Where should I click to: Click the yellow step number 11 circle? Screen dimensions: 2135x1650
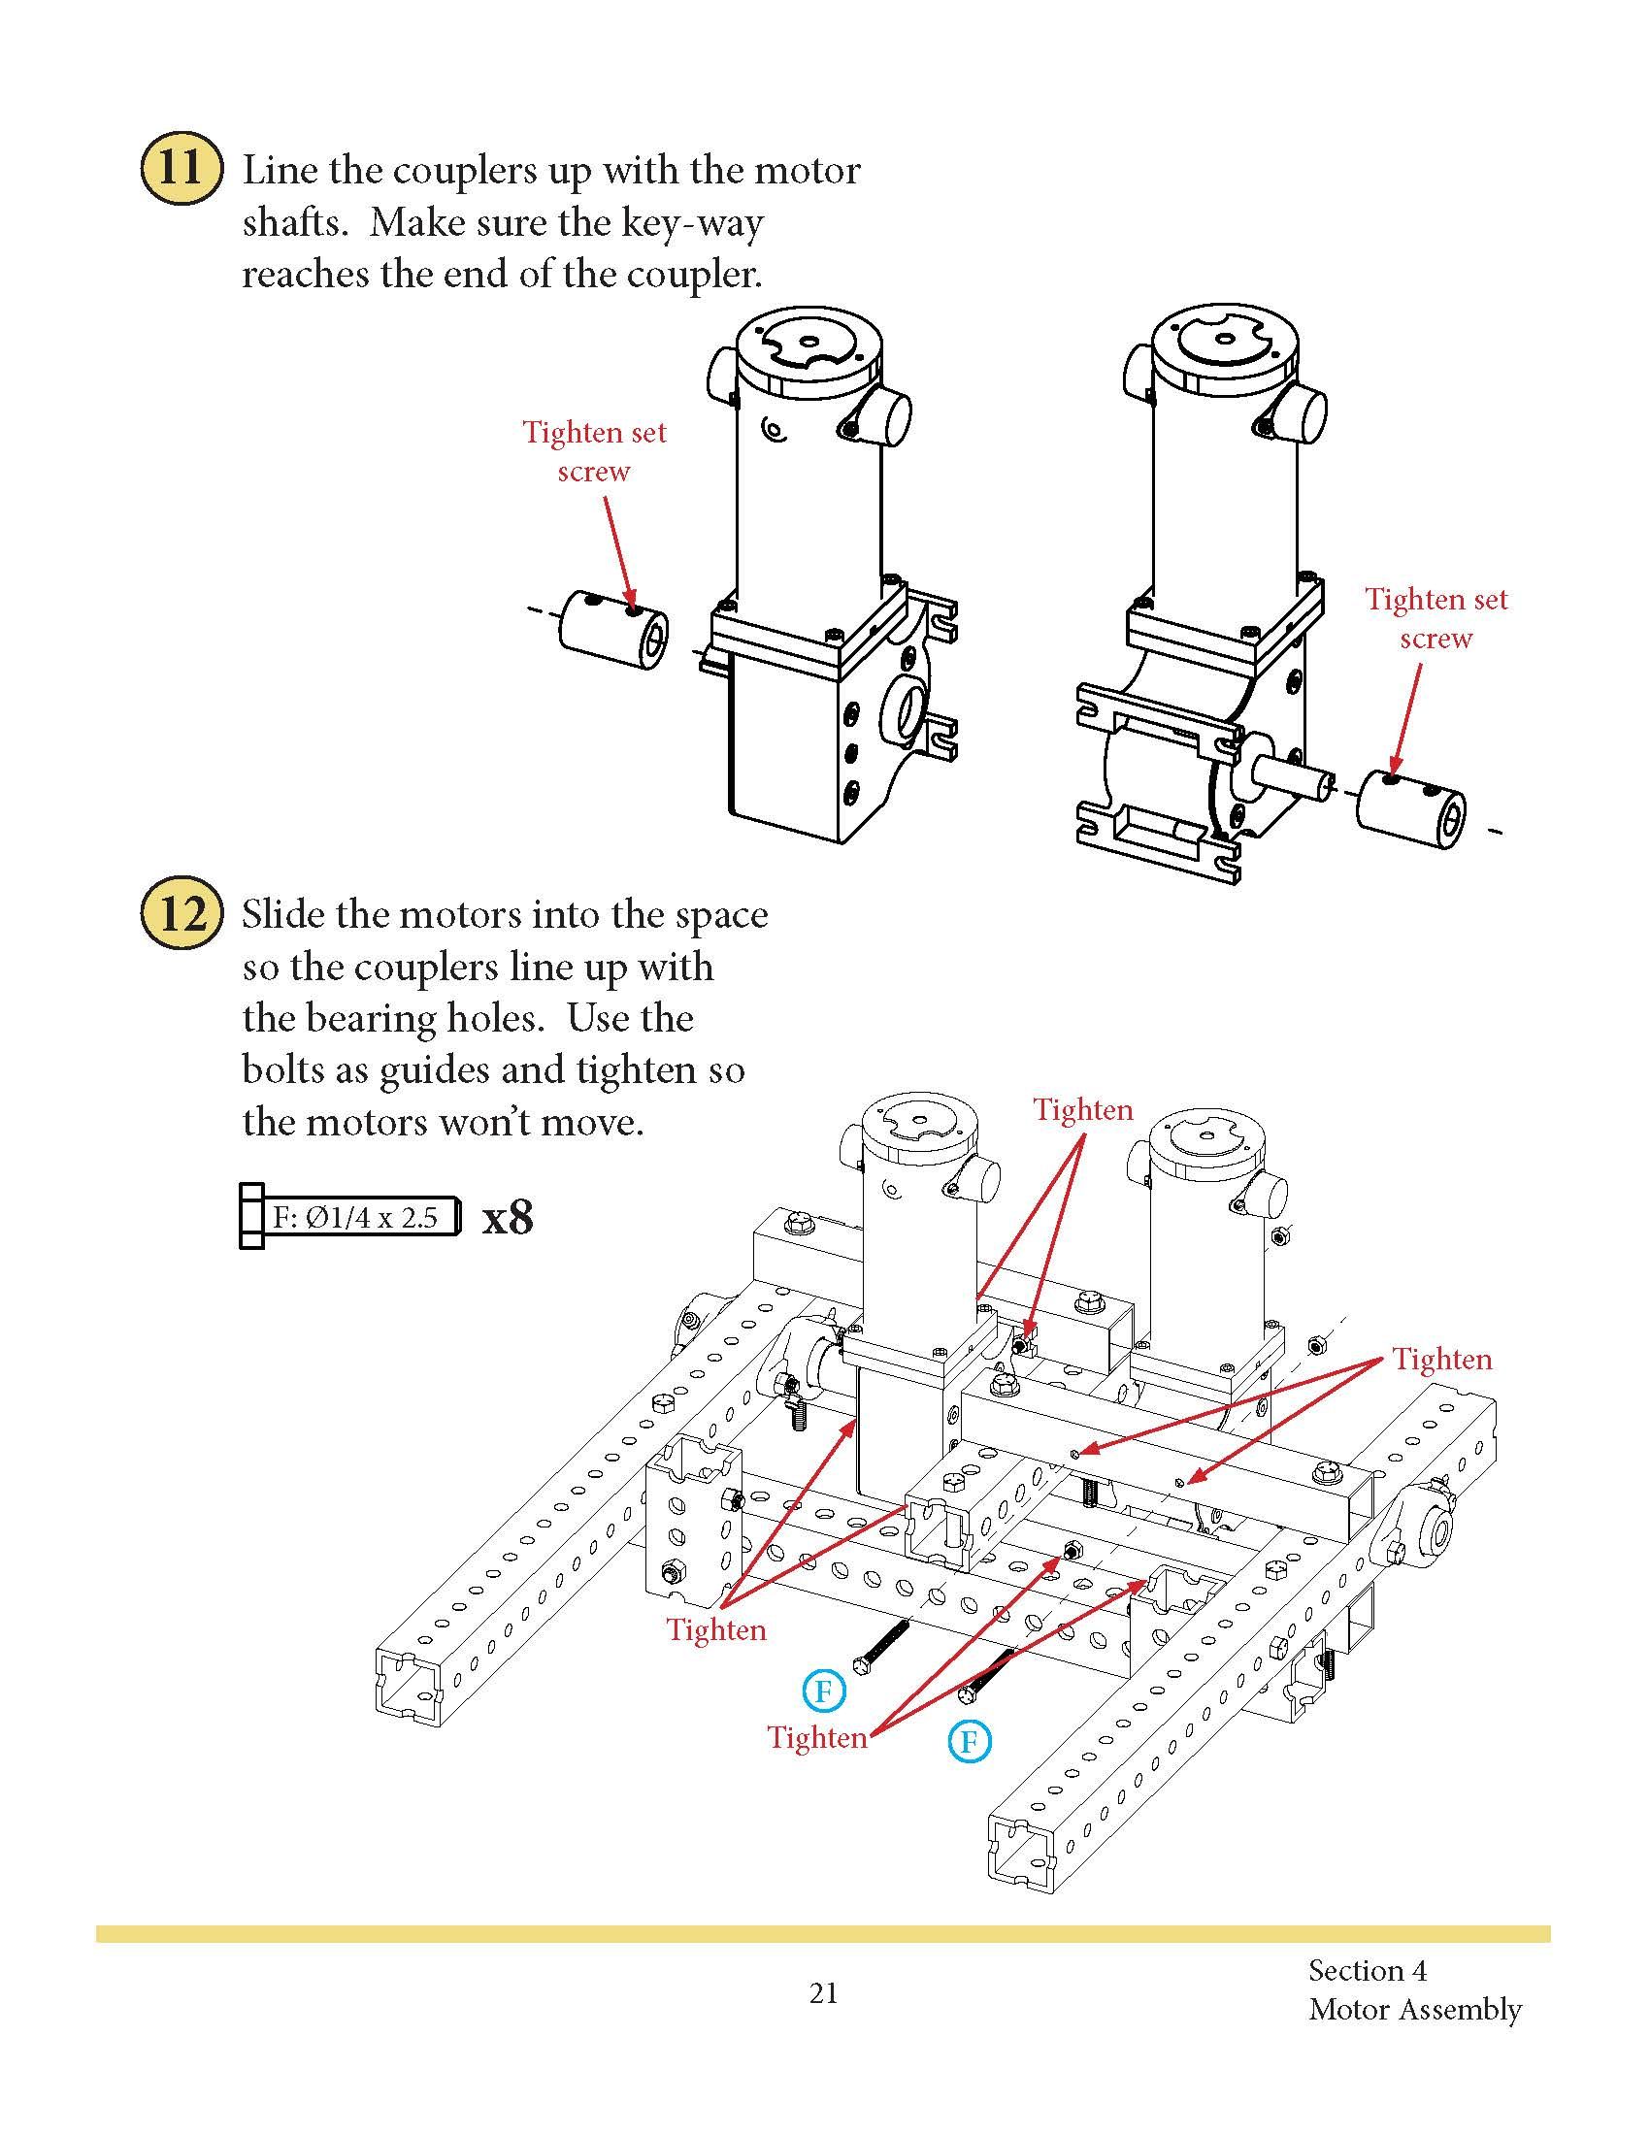[x=181, y=170]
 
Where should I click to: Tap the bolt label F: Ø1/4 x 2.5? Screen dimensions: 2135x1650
[x=355, y=1217]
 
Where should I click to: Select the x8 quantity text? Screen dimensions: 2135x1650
[x=508, y=1218]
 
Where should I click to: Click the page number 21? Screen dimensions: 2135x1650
[x=823, y=1992]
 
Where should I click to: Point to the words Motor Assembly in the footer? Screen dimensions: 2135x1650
[x=1414, y=2010]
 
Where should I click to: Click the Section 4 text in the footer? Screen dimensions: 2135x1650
[x=1368, y=1970]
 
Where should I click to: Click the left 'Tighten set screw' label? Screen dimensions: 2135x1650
[x=593, y=450]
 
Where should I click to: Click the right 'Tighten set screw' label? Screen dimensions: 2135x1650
[x=1435, y=618]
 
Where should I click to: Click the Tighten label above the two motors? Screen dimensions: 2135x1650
[x=1083, y=1109]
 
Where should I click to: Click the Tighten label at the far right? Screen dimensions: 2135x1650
[x=1441, y=1360]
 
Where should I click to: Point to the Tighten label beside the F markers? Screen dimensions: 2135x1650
[x=817, y=1737]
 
